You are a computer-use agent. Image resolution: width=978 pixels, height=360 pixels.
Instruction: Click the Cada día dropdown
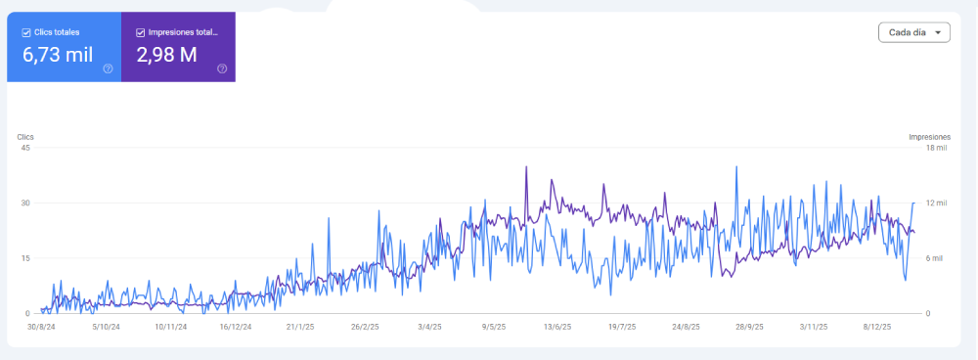click(913, 32)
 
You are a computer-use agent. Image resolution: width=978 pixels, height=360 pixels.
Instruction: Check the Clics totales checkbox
click(26, 32)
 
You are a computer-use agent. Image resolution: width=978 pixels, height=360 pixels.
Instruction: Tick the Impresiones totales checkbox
click(140, 32)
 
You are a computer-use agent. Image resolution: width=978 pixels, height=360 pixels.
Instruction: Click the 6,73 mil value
click(58, 55)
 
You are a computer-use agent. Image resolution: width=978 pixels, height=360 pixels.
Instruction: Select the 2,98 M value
click(166, 55)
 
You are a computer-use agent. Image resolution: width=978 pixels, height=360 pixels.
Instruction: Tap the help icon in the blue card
click(108, 68)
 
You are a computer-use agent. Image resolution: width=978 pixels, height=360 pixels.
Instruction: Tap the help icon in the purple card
click(222, 68)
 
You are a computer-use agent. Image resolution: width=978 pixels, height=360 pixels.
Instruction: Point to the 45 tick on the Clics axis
click(26, 148)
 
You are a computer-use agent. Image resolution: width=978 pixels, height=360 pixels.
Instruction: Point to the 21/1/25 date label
click(300, 327)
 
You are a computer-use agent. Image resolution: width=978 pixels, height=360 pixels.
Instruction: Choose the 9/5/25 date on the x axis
click(494, 327)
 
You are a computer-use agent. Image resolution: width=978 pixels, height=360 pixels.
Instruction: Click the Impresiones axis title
click(929, 137)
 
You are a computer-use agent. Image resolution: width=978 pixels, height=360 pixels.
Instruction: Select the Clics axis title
click(25, 137)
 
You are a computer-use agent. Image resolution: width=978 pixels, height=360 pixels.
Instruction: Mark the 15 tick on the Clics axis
click(26, 258)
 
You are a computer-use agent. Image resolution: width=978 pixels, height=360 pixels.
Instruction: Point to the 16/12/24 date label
click(237, 327)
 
